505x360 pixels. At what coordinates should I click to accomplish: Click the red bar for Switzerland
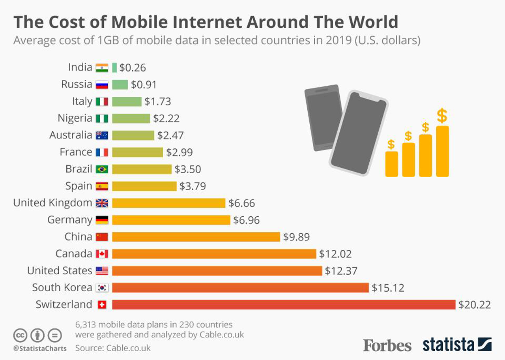(283, 305)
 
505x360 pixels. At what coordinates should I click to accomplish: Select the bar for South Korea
(240, 288)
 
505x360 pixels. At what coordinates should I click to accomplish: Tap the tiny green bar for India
(114, 67)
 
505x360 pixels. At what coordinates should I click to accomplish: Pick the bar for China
(196, 237)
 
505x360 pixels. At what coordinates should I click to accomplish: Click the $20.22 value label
(474, 305)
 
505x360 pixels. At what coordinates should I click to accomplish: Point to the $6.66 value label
(241, 203)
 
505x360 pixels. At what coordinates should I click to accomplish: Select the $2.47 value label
(170, 135)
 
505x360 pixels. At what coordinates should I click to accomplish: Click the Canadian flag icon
(102, 254)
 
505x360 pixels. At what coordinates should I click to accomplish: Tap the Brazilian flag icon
(102, 169)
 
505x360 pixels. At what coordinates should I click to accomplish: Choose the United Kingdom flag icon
(102, 203)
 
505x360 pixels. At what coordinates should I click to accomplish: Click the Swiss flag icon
(102, 305)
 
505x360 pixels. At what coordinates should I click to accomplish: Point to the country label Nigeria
(75, 118)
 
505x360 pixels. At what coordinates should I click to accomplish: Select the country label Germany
(69, 220)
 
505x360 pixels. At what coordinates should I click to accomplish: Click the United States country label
(59, 271)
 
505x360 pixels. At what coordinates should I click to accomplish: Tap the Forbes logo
(387, 345)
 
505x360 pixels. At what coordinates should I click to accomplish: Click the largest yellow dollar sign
(442, 116)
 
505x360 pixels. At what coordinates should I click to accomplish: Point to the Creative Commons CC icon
(20, 336)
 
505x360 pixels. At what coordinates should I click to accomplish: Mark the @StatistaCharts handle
(40, 349)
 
